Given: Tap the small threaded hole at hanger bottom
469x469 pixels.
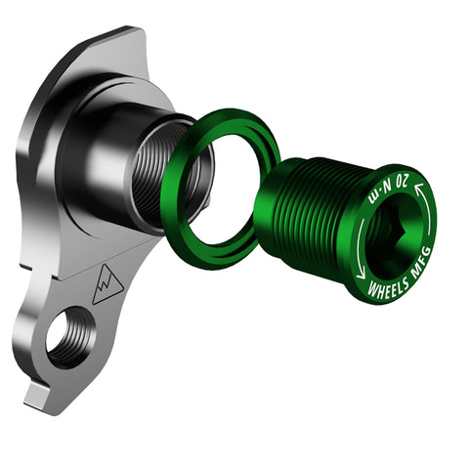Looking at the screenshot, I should pos(69,338).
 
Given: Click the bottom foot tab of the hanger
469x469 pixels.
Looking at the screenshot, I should pos(39,396).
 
